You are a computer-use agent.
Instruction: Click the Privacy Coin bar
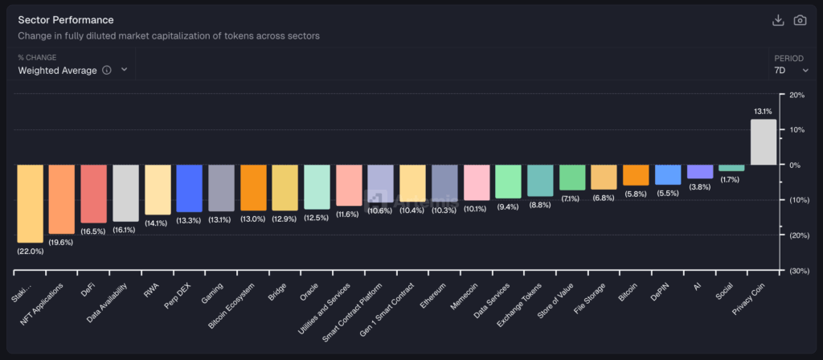coord(763,142)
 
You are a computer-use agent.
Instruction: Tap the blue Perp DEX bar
coord(189,189)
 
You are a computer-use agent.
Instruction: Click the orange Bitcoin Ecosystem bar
coord(253,188)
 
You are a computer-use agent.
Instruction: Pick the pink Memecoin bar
coord(477,182)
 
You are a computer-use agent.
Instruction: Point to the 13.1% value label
coord(763,112)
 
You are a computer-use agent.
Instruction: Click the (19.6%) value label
coord(61,243)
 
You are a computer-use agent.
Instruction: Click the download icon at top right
coord(777,20)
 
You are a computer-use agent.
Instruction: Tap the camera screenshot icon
coord(800,20)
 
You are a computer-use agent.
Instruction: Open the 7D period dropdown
coord(792,70)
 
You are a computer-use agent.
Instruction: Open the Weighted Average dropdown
coord(72,70)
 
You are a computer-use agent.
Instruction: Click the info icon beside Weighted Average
coord(107,70)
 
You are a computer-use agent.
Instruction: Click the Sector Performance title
coord(66,19)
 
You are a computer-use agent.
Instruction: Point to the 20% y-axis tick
coord(796,95)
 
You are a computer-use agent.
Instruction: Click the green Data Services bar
coord(508,182)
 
